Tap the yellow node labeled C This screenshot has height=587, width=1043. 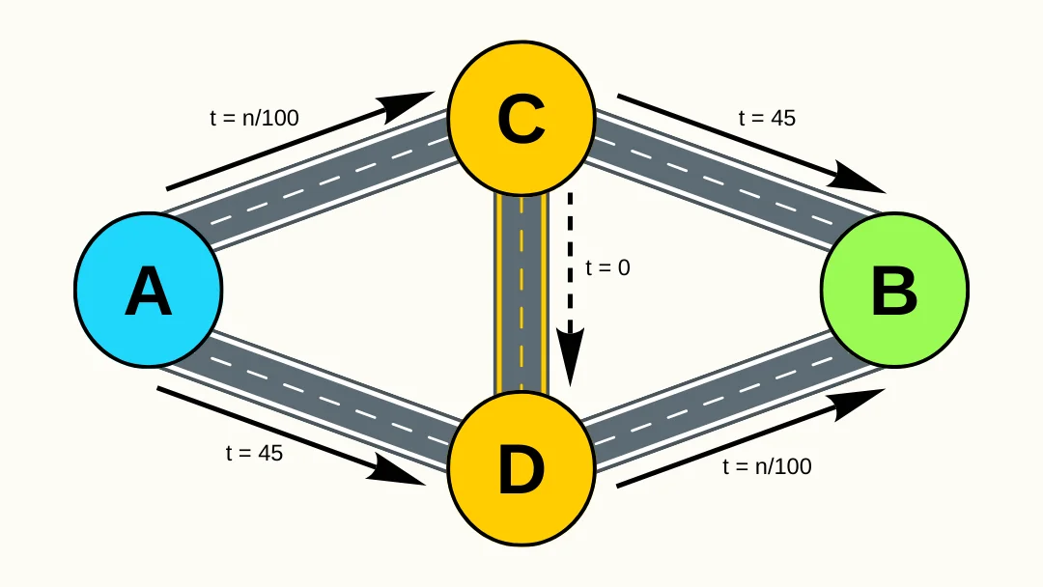click(x=521, y=118)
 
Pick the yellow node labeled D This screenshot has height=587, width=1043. click(x=521, y=469)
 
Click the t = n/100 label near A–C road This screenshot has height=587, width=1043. click(x=254, y=118)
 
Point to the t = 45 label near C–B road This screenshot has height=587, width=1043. click(x=767, y=118)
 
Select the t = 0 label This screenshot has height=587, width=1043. click(x=607, y=267)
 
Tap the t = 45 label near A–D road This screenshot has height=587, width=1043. click(x=254, y=452)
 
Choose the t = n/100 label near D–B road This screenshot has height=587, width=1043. click(x=767, y=466)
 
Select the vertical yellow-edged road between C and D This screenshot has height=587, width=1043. click(x=521, y=290)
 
